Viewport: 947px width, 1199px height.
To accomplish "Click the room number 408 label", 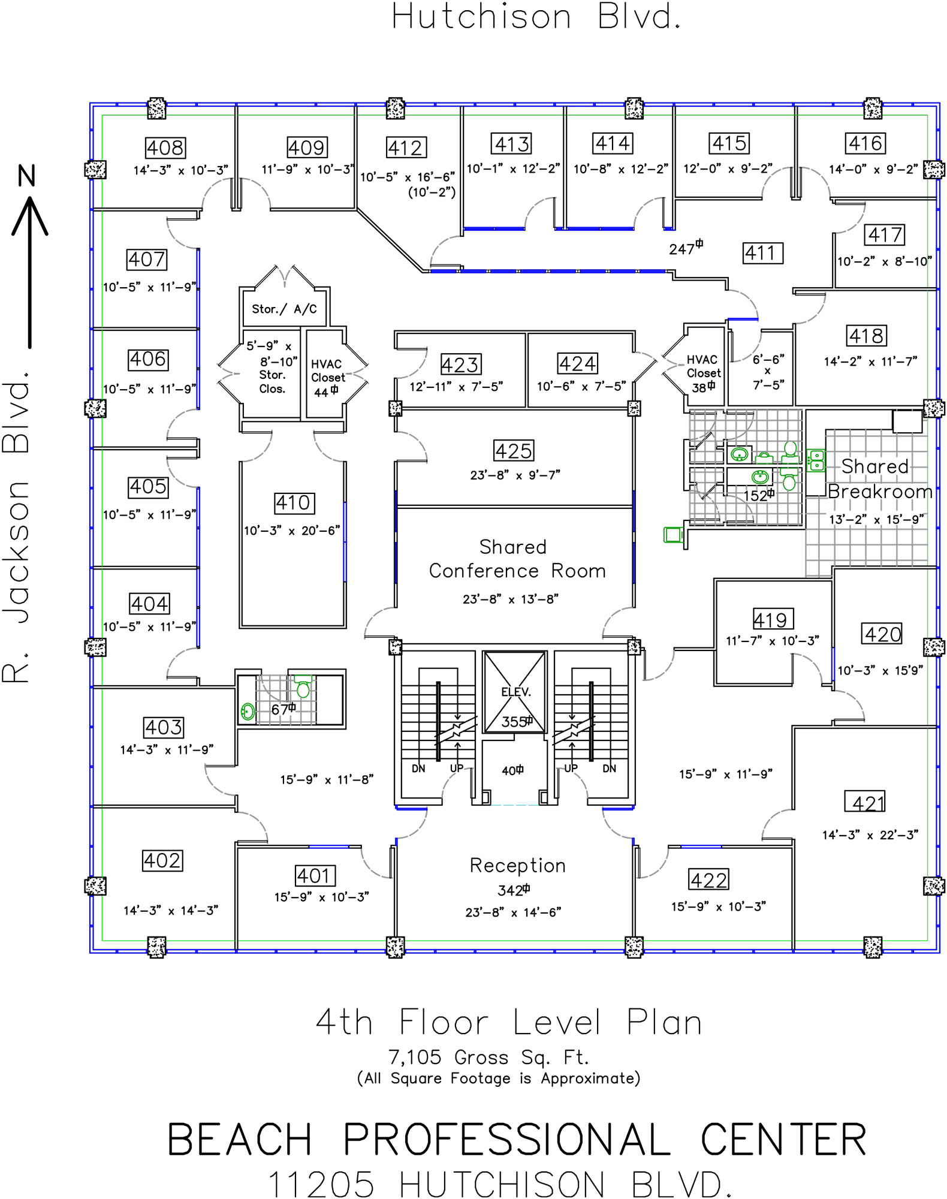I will [x=165, y=147].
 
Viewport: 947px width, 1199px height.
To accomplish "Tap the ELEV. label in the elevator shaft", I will [x=515, y=692].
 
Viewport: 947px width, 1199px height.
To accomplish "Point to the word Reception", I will [x=517, y=865].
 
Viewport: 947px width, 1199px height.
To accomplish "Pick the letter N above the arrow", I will [x=27, y=176].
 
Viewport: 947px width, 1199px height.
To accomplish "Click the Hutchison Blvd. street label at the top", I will [x=536, y=17].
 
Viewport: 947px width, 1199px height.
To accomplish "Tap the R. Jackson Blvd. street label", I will [x=16, y=528].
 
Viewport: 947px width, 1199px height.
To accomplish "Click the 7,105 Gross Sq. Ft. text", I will [x=488, y=1056].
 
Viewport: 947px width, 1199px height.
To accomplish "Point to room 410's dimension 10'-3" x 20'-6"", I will [x=292, y=531].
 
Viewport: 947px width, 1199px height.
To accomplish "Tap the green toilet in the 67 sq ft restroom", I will [x=303, y=688].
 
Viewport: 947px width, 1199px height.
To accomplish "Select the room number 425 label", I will [x=514, y=451].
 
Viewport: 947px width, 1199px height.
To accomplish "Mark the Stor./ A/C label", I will [x=284, y=309].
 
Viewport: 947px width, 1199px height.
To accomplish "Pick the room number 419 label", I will [x=773, y=619].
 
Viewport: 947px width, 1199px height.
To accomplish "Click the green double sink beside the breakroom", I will [x=816, y=460].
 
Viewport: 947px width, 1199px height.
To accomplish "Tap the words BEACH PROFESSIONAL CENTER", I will [x=517, y=1140].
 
